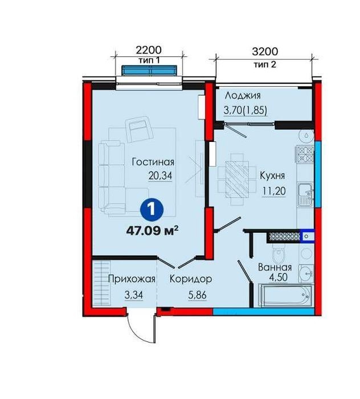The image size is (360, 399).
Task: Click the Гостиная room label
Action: coord(153,162)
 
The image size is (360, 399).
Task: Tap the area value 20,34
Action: coord(161,176)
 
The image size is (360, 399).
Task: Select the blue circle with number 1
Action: coord(152,210)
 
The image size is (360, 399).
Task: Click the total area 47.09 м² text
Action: coord(152,231)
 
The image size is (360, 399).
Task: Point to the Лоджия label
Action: coord(243,96)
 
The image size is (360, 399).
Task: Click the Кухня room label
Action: coord(272,176)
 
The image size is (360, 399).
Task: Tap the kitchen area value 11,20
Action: coord(273,190)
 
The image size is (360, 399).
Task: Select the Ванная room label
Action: coord(275,267)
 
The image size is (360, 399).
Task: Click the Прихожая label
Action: coord(132,279)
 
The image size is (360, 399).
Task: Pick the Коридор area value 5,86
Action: coord(197,295)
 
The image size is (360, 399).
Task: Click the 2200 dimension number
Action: coord(149,50)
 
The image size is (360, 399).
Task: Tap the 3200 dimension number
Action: coord(265,52)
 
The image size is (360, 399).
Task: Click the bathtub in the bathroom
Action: coord(285,296)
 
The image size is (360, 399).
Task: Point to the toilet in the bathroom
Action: coord(279,253)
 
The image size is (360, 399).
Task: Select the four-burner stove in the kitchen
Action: coord(304,154)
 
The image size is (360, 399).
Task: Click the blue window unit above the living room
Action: coord(149,71)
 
